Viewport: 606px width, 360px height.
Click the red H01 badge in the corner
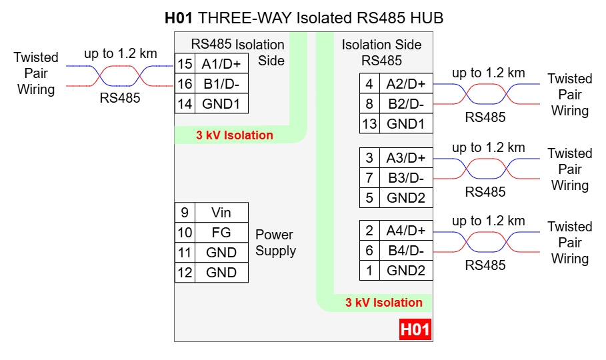pos(415,329)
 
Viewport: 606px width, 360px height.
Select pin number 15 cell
pos(185,63)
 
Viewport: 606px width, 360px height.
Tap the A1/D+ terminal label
pos(221,63)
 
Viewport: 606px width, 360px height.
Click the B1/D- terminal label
pos(221,83)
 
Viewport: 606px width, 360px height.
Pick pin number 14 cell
pos(185,103)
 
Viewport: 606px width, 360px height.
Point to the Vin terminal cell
pos(221,213)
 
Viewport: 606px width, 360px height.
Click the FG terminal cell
pos(221,233)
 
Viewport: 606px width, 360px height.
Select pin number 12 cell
pos(185,273)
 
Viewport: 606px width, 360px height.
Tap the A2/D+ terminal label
pos(405,84)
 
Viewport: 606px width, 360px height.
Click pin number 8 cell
pos(369,104)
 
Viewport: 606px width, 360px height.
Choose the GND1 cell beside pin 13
pos(405,124)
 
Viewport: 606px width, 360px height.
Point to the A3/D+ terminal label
pos(405,158)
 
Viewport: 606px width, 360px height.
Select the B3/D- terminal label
pos(405,178)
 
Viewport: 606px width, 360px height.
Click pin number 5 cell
pos(369,198)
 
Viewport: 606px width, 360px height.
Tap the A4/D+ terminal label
pos(405,231)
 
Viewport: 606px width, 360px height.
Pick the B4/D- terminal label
pos(405,251)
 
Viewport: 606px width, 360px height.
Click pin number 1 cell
pos(369,271)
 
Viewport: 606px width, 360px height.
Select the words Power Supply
pos(275,243)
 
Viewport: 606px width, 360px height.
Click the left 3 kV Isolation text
pos(234,135)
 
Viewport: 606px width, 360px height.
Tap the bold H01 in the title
pos(179,17)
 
